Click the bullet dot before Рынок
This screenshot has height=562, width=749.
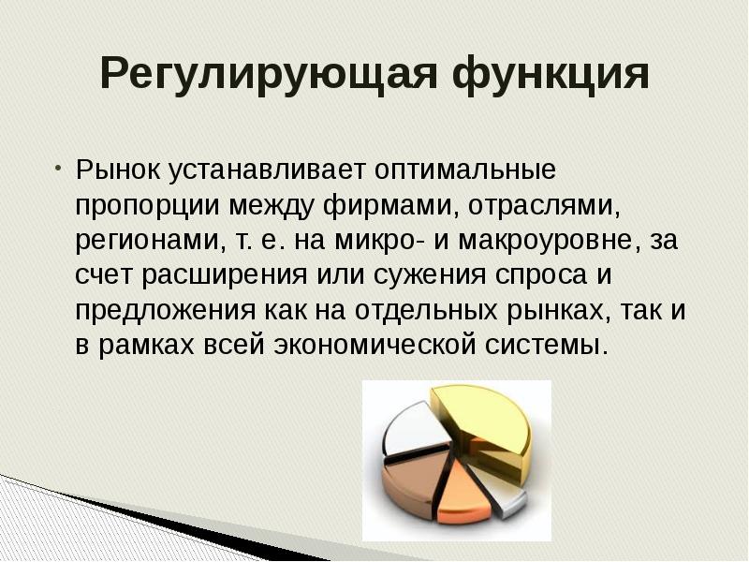[58, 170]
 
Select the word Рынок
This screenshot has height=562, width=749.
[120, 171]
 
